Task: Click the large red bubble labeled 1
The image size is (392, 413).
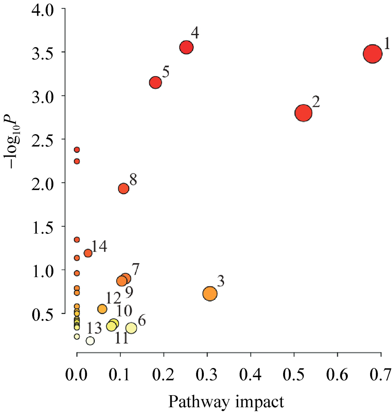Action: click(373, 54)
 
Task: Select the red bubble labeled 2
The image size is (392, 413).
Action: click(303, 113)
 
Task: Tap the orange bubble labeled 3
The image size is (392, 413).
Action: click(210, 293)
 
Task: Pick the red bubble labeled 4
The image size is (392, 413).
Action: click(187, 47)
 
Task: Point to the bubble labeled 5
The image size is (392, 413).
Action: click(155, 83)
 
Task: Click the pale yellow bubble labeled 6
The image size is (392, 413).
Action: click(131, 328)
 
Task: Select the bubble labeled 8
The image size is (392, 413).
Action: click(123, 188)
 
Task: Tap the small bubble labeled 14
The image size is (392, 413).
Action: click(88, 253)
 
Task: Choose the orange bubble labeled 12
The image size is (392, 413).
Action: click(102, 309)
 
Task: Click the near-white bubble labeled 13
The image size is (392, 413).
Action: click(90, 341)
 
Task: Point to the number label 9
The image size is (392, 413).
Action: click(129, 293)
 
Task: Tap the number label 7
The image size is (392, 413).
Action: click(135, 268)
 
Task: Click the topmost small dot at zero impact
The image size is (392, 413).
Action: click(77, 150)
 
